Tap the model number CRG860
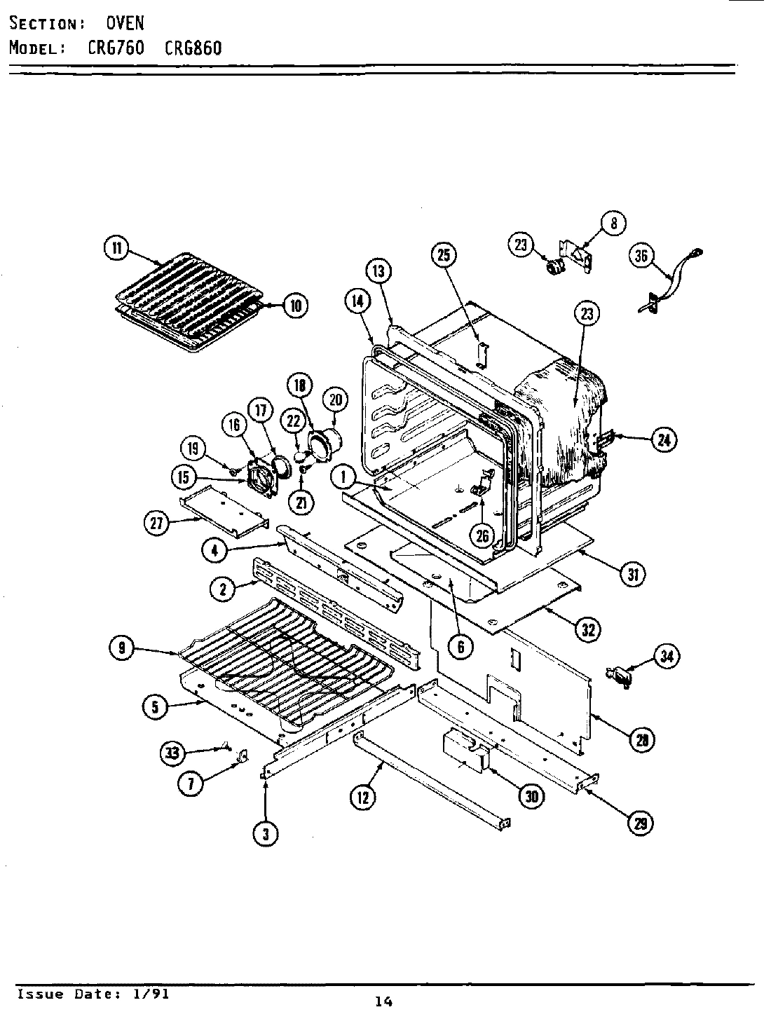(193, 48)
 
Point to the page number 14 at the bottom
(383, 1001)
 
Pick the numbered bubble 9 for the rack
(122, 649)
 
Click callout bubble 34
(666, 657)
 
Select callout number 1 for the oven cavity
(343, 478)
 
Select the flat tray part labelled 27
(223, 512)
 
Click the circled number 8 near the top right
(613, 223)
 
